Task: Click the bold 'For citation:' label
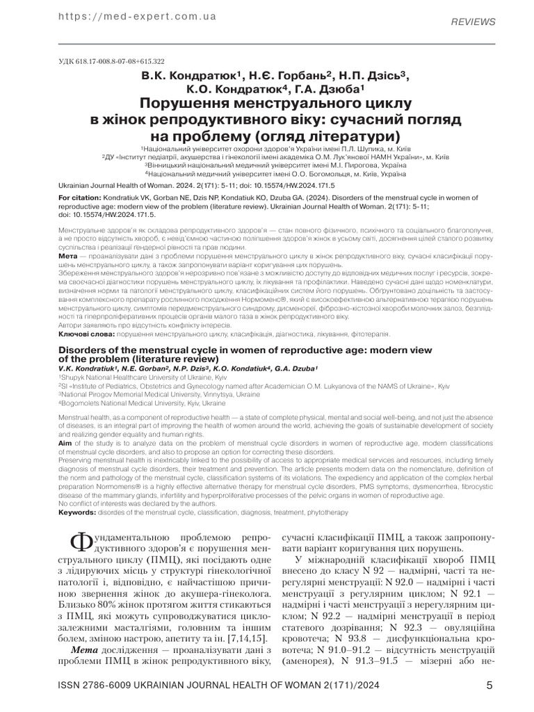click(x=79, y=198)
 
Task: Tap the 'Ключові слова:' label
click(x=80, y=334)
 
